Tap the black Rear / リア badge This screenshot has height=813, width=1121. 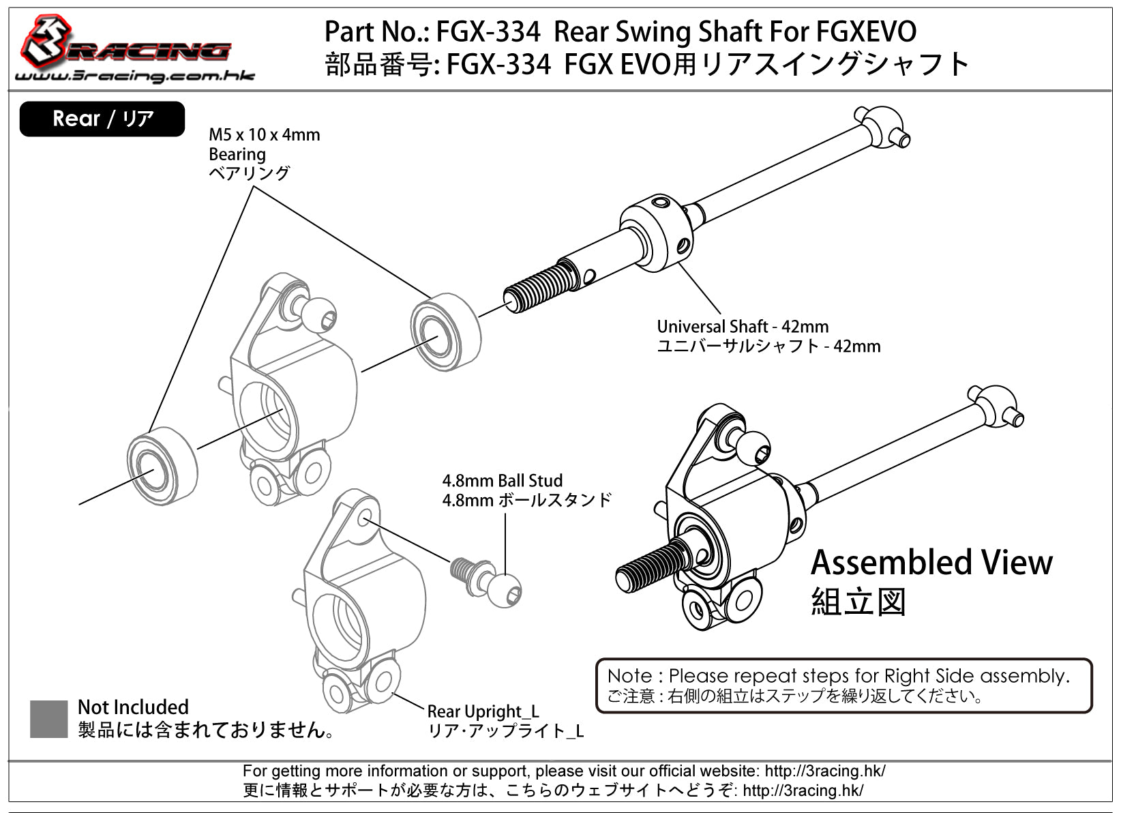point(102,119)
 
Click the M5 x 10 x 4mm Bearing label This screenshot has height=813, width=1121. point(264,153)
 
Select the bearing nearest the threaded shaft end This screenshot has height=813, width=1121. point(445,332)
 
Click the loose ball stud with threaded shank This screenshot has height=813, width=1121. point(488,580)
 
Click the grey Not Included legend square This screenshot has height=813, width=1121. point(48,718)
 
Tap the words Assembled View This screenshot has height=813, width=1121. point(931,563)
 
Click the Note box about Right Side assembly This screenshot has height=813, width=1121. point(843,685)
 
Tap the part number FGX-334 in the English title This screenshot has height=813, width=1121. point(488,31)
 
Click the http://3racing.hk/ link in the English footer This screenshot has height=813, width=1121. point(824,771)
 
